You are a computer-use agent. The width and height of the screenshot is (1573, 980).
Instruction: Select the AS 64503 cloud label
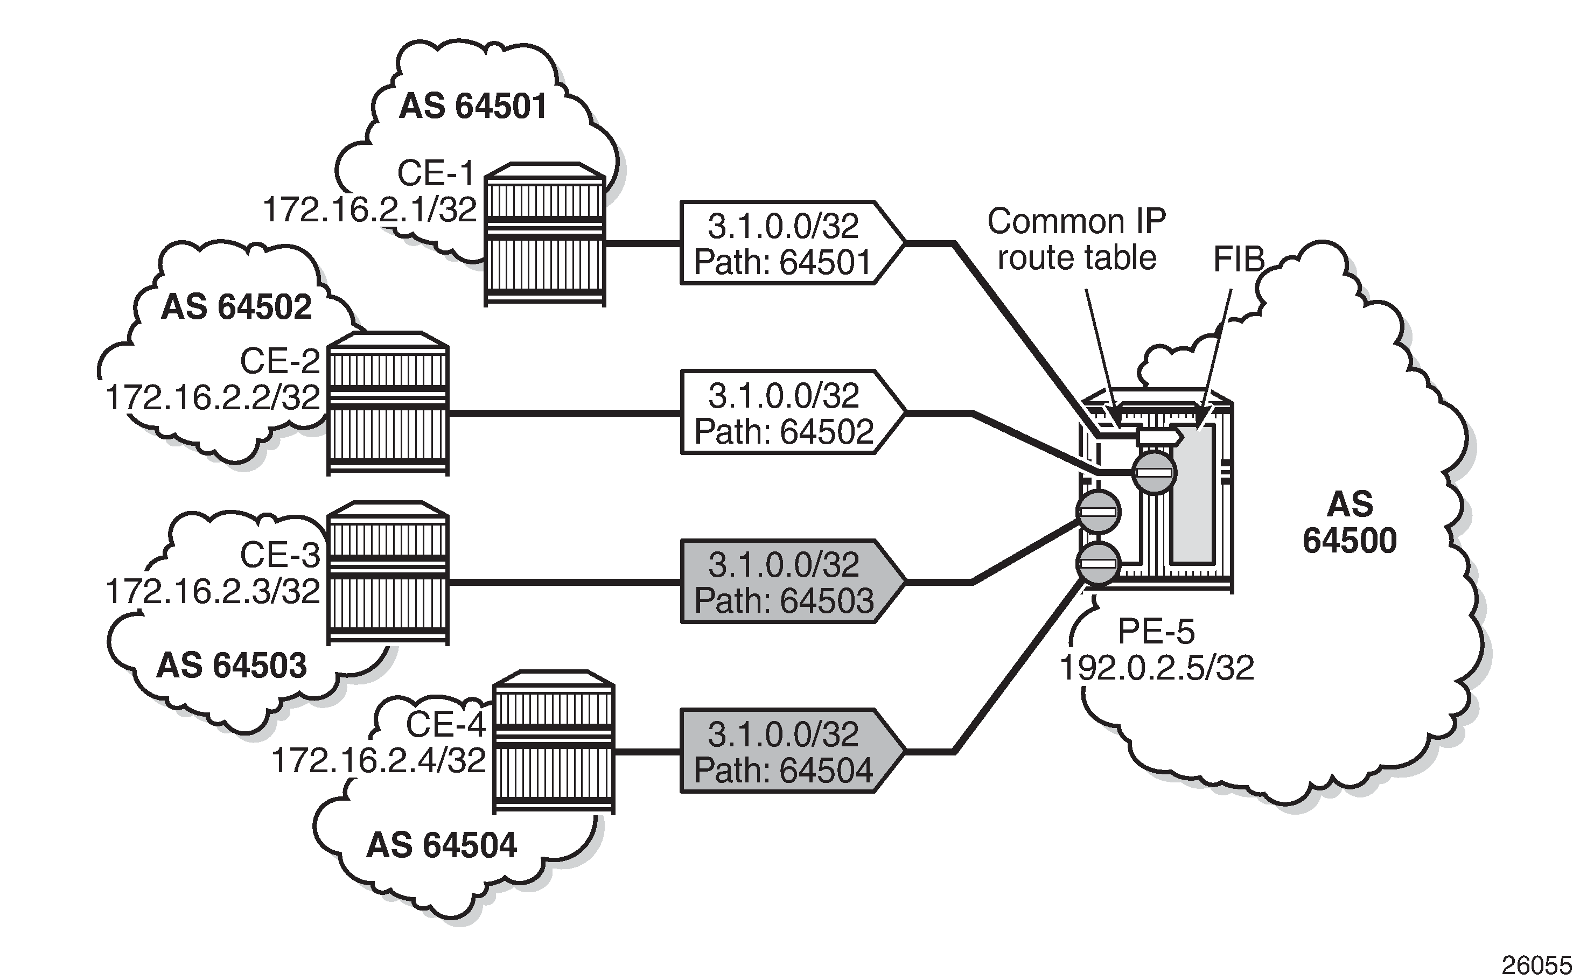click(x=232, y=665)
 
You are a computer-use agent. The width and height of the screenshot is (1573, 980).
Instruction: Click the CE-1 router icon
click(x=544, y=235)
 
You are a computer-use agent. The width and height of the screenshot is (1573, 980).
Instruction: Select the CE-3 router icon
click(x=388, y=573)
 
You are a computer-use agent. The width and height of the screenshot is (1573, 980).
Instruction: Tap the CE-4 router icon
click(x=553, y=742)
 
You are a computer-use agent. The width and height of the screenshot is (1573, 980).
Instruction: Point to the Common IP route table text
click(x=1076, y=239)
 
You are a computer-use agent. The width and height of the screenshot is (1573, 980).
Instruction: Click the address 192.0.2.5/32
click(x=1157, y=668)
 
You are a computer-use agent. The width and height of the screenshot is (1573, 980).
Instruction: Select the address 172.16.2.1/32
click(x=370, y=210)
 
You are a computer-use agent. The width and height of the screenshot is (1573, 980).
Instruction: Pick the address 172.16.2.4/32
click(x=379, y=760)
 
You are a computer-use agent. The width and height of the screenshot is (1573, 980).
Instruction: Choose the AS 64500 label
click(x=1350, y=522)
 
